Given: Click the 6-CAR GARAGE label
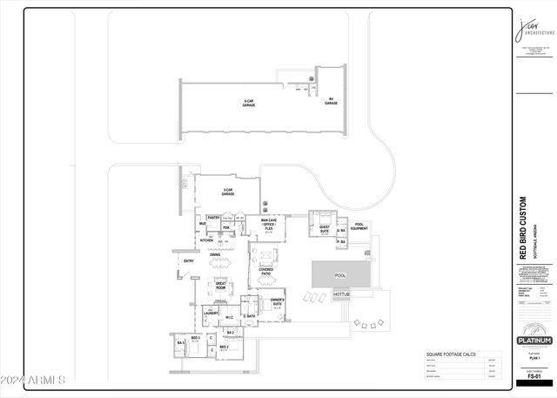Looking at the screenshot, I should click(x=248, y=102).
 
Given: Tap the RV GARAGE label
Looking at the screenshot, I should click(x=331, y=101).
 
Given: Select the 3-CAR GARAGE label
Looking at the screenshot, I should click(x=228, y=192).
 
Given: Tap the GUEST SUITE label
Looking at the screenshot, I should click(x=324, y=230).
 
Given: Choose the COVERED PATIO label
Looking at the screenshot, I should click(x=266, y=272).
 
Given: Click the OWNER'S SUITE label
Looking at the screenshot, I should click(x=277, y=301).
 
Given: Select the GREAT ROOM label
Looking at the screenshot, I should click(x=222, y=285).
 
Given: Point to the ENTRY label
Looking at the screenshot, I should click(x=189, y=260).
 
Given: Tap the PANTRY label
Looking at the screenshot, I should click(x=213, y=218).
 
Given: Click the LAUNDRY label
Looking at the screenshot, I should click(x=210, y=312).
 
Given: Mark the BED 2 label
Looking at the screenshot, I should click(x=225, y=347).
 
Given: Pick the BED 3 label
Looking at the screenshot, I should click(x=196, y=338).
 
